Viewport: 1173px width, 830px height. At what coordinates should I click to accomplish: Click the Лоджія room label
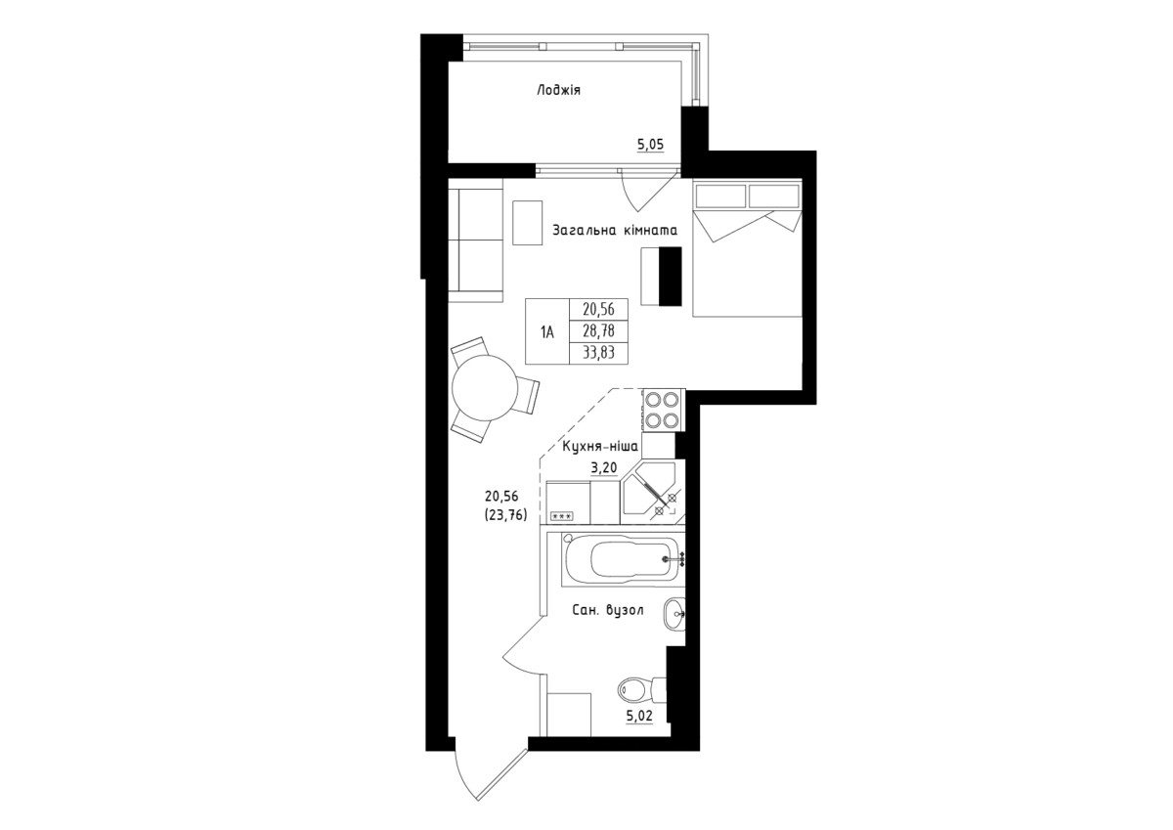pos(559,91)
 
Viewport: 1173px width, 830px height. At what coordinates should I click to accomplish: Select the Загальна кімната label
pos(615,230)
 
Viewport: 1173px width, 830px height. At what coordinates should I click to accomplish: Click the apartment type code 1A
pos(547,331)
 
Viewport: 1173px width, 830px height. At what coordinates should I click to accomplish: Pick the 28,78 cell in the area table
pos(598,331)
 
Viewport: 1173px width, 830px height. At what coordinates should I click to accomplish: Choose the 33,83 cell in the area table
pos(598,353)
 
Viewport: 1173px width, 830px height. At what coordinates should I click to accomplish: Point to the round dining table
pos(485,388)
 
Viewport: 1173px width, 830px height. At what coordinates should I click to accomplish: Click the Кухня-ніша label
pos(600,447)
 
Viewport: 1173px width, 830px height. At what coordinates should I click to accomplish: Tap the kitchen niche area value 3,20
pos(604,467)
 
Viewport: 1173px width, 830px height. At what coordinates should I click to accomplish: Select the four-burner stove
pos(664,410)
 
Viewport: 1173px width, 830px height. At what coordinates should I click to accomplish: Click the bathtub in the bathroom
pos(621,559)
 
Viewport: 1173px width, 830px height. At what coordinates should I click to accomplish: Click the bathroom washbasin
pos(674,614)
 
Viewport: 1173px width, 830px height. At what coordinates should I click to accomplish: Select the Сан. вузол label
pos(608,611)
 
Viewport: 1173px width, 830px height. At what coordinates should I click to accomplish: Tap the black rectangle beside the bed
pos(670,276)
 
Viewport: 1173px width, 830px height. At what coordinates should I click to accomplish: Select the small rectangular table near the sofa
pos(527,223)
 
